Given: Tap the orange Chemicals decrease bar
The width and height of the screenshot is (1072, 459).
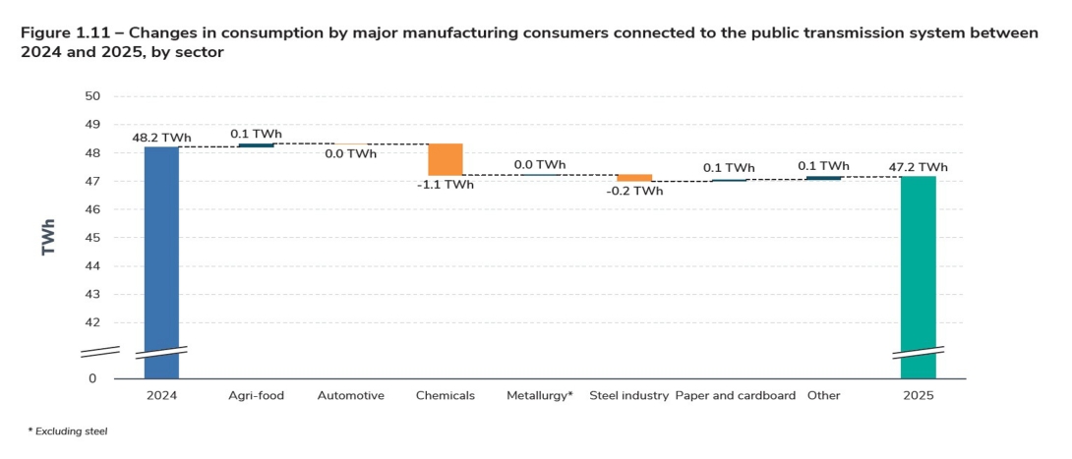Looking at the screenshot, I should [x=445, y=159].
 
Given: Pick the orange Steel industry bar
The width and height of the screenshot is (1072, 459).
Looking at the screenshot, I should [x=634, y=178].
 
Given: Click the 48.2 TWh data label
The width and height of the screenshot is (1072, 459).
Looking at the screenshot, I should [x=160, y=138].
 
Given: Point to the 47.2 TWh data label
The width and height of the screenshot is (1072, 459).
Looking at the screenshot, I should [x=920, y=167].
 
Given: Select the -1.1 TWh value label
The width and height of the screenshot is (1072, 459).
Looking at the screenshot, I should [x=445, y=185].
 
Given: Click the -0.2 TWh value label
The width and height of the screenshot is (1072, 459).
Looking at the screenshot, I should [x=634, y=191].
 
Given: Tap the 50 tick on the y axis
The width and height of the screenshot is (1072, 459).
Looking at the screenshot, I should [x=92, y=96].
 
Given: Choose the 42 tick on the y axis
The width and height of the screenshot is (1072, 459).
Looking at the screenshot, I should [x=92, y=322].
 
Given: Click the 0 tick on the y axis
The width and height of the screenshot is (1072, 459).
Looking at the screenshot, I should [x=93, y=378].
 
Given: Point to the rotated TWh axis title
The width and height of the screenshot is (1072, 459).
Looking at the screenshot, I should [x=48, y=237].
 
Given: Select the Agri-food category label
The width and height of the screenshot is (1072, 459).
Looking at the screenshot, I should [x=256, y=396].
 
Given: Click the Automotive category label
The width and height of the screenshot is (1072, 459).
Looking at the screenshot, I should [x=350, y=396].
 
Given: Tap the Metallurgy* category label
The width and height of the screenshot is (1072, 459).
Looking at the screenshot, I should [x=539, y=396].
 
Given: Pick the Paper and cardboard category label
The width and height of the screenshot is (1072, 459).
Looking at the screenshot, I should [x=735, y=396].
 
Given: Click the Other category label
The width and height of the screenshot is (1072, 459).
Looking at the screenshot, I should [x=823, y=396].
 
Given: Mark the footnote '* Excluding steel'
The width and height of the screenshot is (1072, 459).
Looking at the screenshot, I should [x=67, y=431].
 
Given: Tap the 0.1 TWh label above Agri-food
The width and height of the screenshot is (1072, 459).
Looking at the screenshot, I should [x=256, y=134].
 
